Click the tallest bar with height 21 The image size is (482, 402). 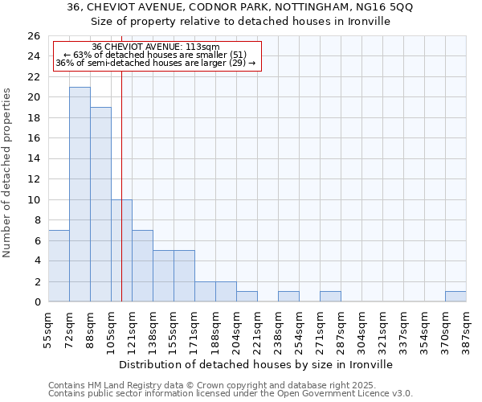(80, 194)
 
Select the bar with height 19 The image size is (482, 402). (100, 204)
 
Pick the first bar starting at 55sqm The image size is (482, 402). (59, 265)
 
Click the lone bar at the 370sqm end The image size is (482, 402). (455, 297)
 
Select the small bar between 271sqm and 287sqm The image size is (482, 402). (330, 297)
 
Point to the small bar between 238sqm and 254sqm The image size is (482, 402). (288, 297)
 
